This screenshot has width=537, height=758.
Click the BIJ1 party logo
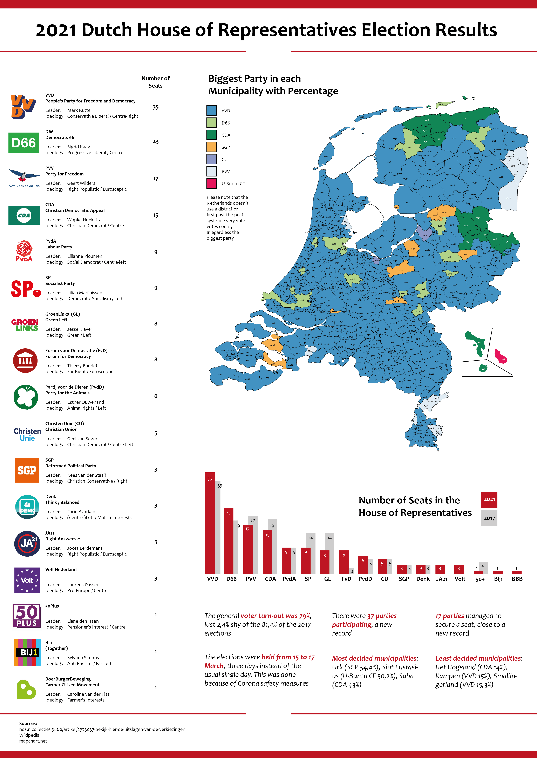27,652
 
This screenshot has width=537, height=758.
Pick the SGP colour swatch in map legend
211,147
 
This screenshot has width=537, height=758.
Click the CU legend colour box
211,159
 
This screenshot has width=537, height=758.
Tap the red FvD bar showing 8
344,562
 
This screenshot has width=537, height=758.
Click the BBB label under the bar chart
517,579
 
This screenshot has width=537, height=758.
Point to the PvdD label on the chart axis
365,579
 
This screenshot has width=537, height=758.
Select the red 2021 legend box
489,499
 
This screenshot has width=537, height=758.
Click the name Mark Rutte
79,110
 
